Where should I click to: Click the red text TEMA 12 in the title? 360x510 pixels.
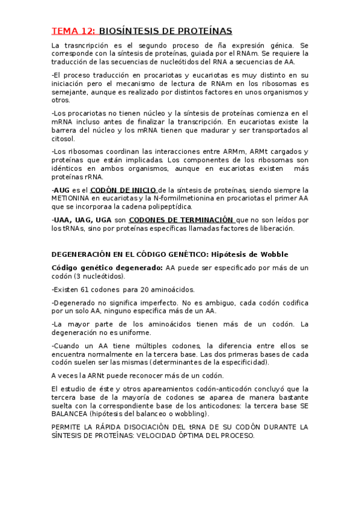(73, 31)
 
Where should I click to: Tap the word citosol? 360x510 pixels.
(64, 139)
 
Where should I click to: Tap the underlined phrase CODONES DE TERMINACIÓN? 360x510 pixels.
(181, 220)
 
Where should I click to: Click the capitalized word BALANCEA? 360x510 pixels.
(73, 414)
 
